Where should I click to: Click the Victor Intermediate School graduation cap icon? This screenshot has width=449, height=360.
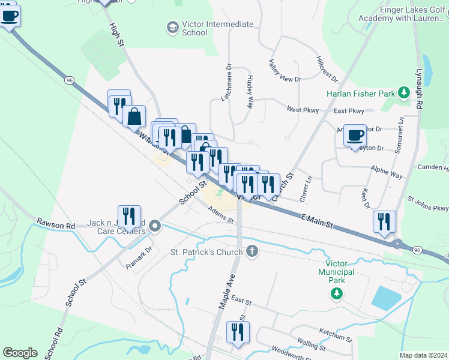click(173, 28)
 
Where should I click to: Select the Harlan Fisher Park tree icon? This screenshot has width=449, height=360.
click(405, 93)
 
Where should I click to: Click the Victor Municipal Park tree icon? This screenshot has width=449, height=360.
click(337, 293)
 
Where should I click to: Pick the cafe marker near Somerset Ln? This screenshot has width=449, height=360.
click(355, 134)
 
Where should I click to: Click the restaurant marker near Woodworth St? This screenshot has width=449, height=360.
click(238, 332)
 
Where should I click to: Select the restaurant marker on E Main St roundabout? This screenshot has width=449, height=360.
click(384, 221)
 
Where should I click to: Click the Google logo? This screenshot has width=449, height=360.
click(20, 353)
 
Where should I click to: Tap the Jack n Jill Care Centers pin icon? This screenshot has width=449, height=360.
click(155, 226)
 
